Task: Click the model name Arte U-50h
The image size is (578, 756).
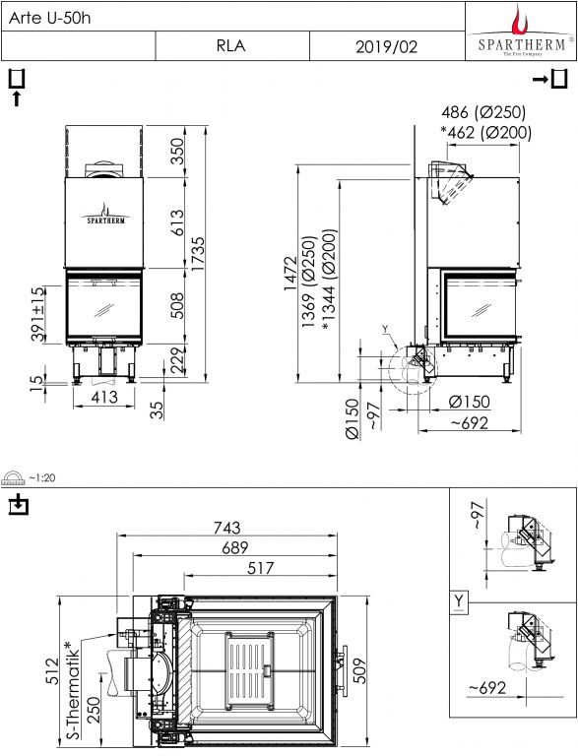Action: click(49, 19)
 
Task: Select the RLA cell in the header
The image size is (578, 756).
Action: click(231, 46)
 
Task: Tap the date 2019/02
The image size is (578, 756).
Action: click(386, 47)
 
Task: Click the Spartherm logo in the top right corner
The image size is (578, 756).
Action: click(521, 31)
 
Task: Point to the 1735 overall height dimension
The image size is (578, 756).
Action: click(198, 254)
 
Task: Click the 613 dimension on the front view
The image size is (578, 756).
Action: click(177, 222)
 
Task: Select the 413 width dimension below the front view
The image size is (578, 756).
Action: click(104, 397)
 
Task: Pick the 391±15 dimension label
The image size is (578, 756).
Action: click(38, 313)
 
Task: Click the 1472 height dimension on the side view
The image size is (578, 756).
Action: click(290, 274)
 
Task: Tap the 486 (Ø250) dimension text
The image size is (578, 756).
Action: click(482, 112)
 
